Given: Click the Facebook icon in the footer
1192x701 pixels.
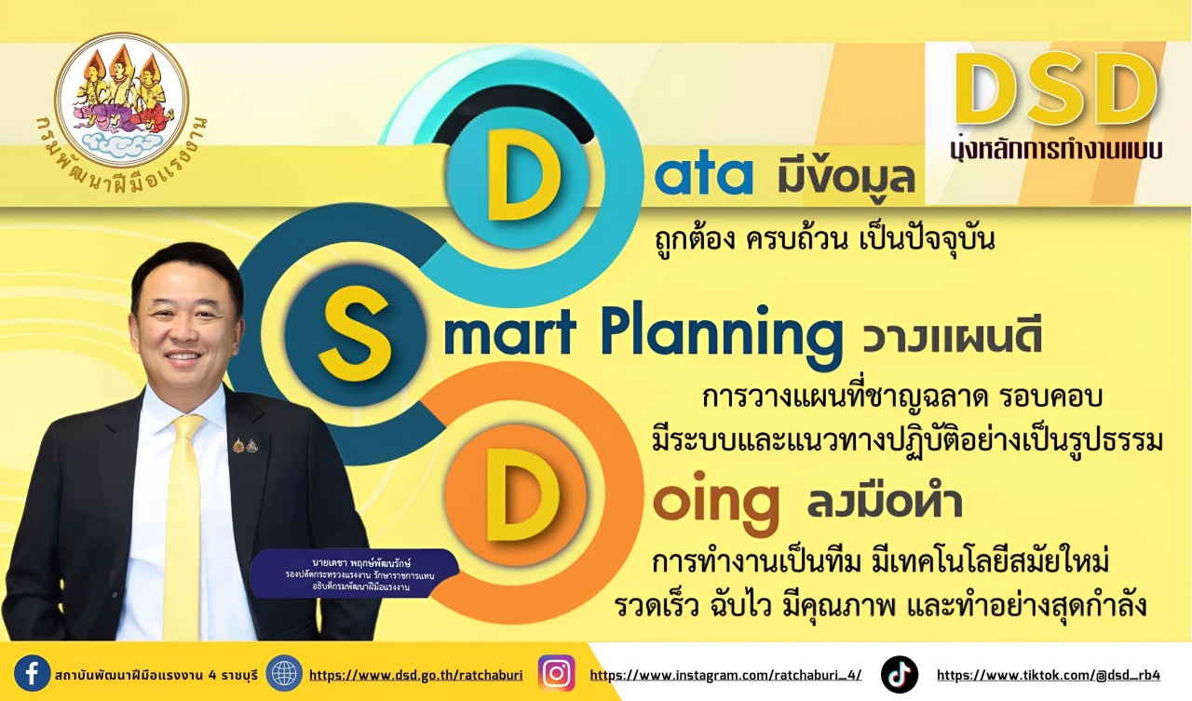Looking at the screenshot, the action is pyautogui.click(x=32, y=673).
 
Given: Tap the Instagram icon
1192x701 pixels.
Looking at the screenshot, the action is pyautogui.click(x=556, y=673).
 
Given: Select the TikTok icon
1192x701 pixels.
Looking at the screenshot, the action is pyautogui.click(x=900, y=674).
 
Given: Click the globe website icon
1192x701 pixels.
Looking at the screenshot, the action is pyautogui.click(x=284, y=673).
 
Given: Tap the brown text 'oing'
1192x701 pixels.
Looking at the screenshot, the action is pyautogui.click(x=716, y=503).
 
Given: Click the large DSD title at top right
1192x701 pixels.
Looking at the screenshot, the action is pyautogui.click(x=1056, y=88).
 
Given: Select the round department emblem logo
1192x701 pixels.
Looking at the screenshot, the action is pyautogui.click(x=122, y=100).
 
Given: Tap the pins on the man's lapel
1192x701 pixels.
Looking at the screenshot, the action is pyautogui.click(x=245, y=445).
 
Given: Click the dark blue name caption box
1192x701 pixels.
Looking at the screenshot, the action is pyautogui.click(x=355, y=574).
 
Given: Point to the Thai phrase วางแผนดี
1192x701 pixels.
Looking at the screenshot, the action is pyautogui.click(x=952, y=338).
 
